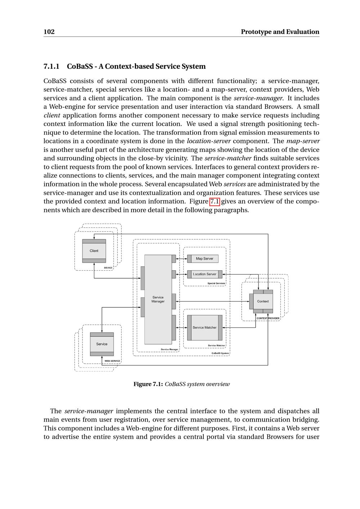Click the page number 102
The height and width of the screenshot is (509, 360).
coord(49,32)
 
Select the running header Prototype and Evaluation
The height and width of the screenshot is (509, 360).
coord(280,32)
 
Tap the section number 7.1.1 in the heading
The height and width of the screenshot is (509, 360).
coord(51,67)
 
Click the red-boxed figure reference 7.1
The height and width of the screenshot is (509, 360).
coord(215,201)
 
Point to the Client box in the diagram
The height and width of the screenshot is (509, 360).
coord(94,251)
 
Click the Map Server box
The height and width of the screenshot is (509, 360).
coord(204,258)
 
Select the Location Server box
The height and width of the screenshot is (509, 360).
coord(204,274)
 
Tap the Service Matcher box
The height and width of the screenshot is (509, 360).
coord(204,328)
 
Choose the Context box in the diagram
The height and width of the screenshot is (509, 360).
coord(263,301)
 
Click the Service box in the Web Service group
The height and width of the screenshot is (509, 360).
coord(102,344)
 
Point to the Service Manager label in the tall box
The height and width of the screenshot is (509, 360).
coord(158,299)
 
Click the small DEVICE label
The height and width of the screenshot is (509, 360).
coord(108,268)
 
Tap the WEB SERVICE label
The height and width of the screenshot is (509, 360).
coord(112,361)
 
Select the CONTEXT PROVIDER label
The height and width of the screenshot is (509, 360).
coord(268,318)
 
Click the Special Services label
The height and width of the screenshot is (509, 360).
coord(216,283)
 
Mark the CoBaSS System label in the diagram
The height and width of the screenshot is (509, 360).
coord(220,353)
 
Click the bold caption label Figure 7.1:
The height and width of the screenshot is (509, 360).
coord(148,384)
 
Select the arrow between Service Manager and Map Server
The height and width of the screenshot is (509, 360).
coord(181,259)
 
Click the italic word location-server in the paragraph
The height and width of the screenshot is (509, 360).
coord(208,141)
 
